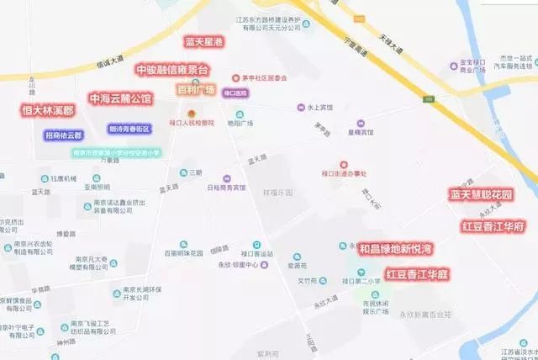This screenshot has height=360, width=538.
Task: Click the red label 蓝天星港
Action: tap(204, 41)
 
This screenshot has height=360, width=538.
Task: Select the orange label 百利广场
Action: tap(196, 89)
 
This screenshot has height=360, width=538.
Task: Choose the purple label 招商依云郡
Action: tap(63, 135)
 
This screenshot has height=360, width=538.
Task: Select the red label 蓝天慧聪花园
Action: tap(482, 195)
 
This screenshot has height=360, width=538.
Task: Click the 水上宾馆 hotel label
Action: tap(320, 108)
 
